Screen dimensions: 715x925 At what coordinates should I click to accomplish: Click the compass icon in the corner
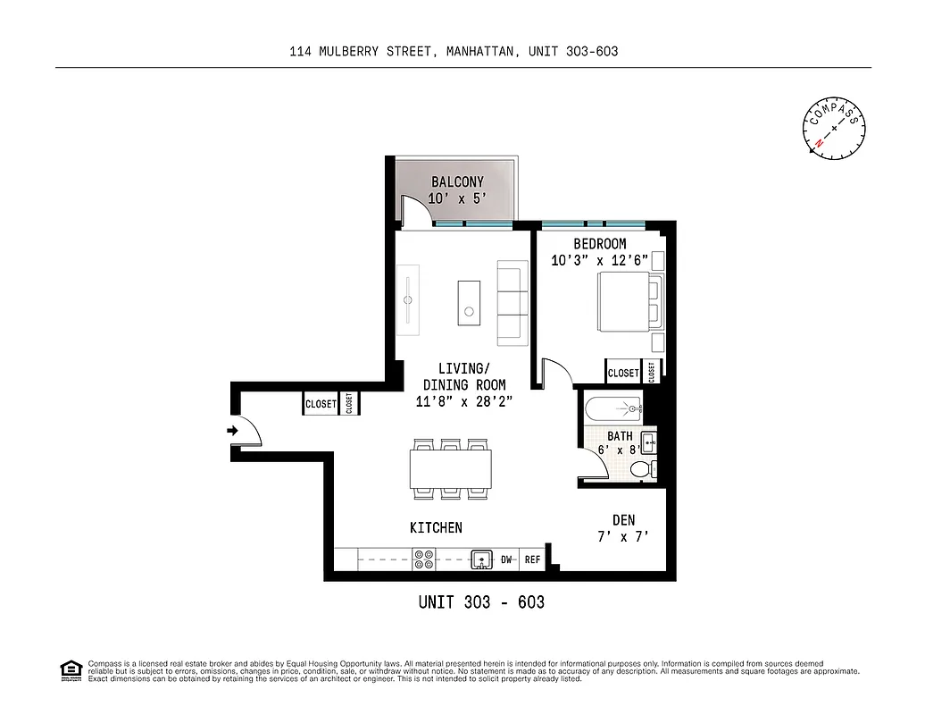point(835,129)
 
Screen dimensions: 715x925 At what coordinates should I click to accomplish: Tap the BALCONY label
point(457,182)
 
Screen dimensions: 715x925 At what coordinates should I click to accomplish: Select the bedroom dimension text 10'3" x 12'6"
point(599,261)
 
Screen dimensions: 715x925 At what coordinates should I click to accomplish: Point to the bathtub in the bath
point(612,409)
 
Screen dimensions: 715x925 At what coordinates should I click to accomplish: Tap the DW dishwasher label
point(506,560)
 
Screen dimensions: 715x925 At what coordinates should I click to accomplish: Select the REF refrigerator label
point(532,560)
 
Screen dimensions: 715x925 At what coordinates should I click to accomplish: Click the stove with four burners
point(424,559)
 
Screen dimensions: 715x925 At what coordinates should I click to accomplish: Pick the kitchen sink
point(482,560)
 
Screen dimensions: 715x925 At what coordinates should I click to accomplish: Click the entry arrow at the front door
point(233,431)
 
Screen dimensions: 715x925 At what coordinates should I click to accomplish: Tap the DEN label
point(623,520)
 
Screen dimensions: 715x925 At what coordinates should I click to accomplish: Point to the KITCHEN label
point(436,528)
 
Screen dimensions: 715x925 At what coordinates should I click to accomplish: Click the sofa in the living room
point(513,302)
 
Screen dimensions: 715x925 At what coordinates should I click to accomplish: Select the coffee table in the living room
point(468,301)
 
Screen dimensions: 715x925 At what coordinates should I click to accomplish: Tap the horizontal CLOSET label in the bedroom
point(622,373)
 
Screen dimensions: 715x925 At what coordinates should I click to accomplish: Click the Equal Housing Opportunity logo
point(70,670)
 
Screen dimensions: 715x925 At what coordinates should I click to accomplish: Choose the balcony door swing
point(412,211)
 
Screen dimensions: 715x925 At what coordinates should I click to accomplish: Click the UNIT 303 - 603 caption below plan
point(481,602)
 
